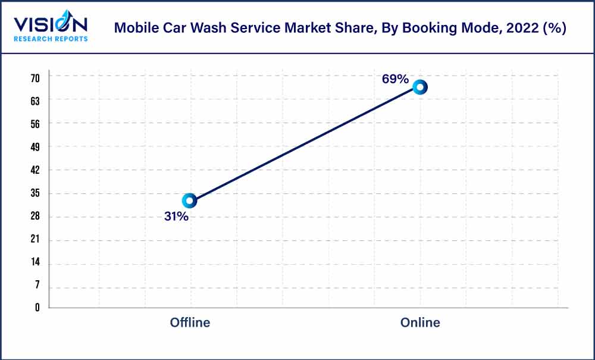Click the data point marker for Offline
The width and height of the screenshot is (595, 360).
click(x=189, y=201)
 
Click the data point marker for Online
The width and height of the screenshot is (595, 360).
click(x=420, y=87)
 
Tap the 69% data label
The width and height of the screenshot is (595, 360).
click(x=395, y=79)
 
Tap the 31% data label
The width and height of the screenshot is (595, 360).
click(x=176, y=217)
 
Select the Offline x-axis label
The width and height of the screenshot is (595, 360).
click(x=190, y=323)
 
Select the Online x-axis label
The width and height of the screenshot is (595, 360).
click(x=420, y=323)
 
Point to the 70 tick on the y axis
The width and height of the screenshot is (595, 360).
click(x=35, y=78)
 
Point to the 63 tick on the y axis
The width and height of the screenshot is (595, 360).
click(x=35, y=101)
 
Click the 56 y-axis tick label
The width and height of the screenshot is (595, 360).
click(x=35, y=124)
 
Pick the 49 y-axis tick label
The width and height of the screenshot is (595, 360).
click(x=35, y=147)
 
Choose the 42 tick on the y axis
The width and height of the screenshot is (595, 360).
click(x=35, y=170)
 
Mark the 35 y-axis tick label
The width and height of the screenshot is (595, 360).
click(x=35, y=193)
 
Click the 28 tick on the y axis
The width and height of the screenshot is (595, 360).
click(x=35, y=217)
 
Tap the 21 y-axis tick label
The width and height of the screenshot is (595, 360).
click(x=35, y=240)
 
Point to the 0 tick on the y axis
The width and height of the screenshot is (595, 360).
click(x=37, y=308)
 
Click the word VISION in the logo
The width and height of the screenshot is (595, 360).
click(x=51, y=24)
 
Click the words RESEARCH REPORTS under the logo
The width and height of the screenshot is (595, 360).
click(x=51, y=39)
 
